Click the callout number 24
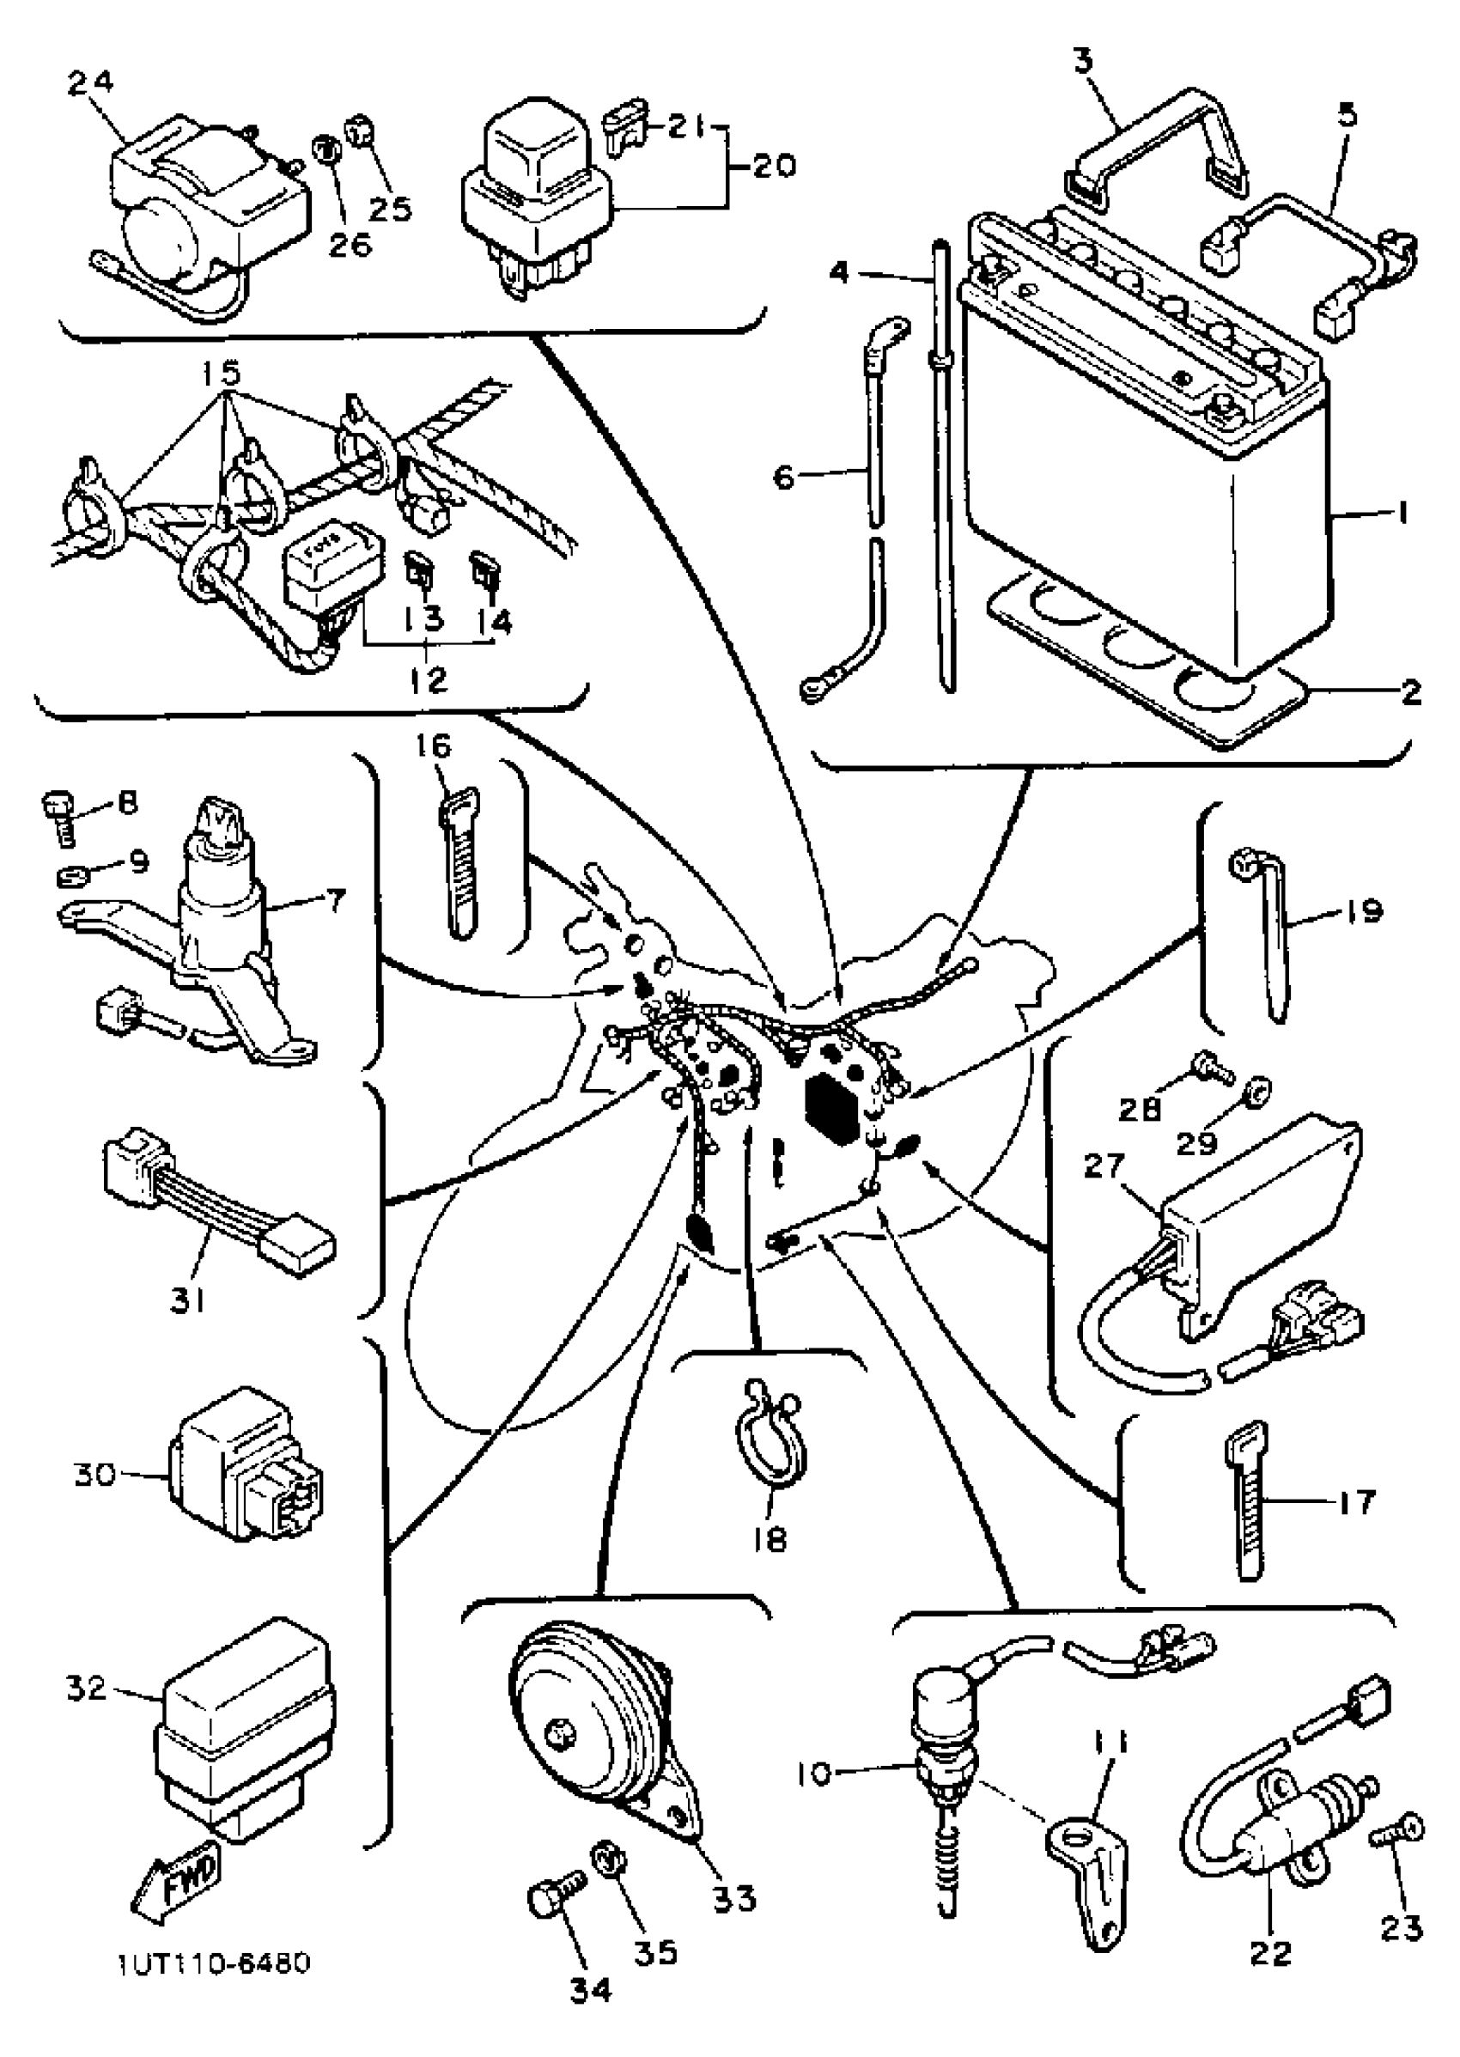tap(91, 82)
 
